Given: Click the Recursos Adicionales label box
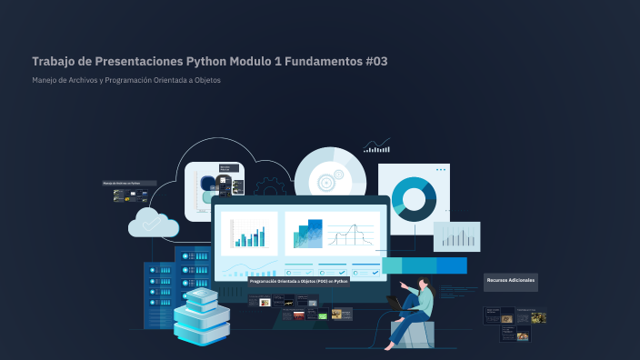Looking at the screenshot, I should (x=510, y=280).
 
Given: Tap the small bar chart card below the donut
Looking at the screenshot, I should (x=455, y=236).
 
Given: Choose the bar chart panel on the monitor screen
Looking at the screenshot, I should (x=248, y=233).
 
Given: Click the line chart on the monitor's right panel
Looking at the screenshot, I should (x=351, y=235).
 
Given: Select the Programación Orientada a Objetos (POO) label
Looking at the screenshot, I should (x=299, y=282).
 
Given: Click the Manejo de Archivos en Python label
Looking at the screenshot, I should (x=127, y=183).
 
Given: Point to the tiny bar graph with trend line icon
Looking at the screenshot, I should (x=376, y=145).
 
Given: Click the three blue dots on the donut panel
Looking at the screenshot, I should (x=441, y=170).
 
